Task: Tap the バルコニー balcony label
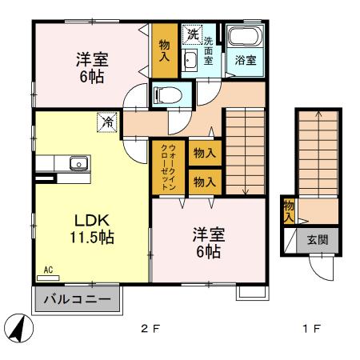tap(77, 301)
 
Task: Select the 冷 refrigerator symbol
tap(106, 122)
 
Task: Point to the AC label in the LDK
tap(48, 270)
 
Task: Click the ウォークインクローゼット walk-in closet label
tap(169, 168)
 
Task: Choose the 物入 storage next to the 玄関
tap(288, 210)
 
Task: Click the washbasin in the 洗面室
tap(190, 61)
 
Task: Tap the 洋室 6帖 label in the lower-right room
tap(208, 243)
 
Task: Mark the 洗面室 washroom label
tap(209, 50)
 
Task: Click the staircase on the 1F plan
tap(316, 152)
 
